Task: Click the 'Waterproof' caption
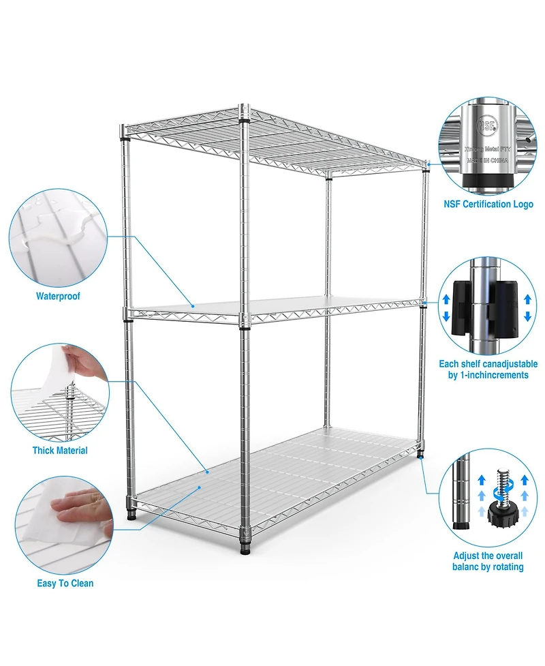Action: [58, 297]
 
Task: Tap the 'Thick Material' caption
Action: [60, 451]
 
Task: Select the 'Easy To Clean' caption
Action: [65, 584]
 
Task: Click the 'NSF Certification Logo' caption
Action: [488, 205]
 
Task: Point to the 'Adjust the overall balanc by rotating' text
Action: [488, 562]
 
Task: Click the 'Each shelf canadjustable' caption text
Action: [488, 365]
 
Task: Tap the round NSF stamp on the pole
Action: [488, 126]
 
